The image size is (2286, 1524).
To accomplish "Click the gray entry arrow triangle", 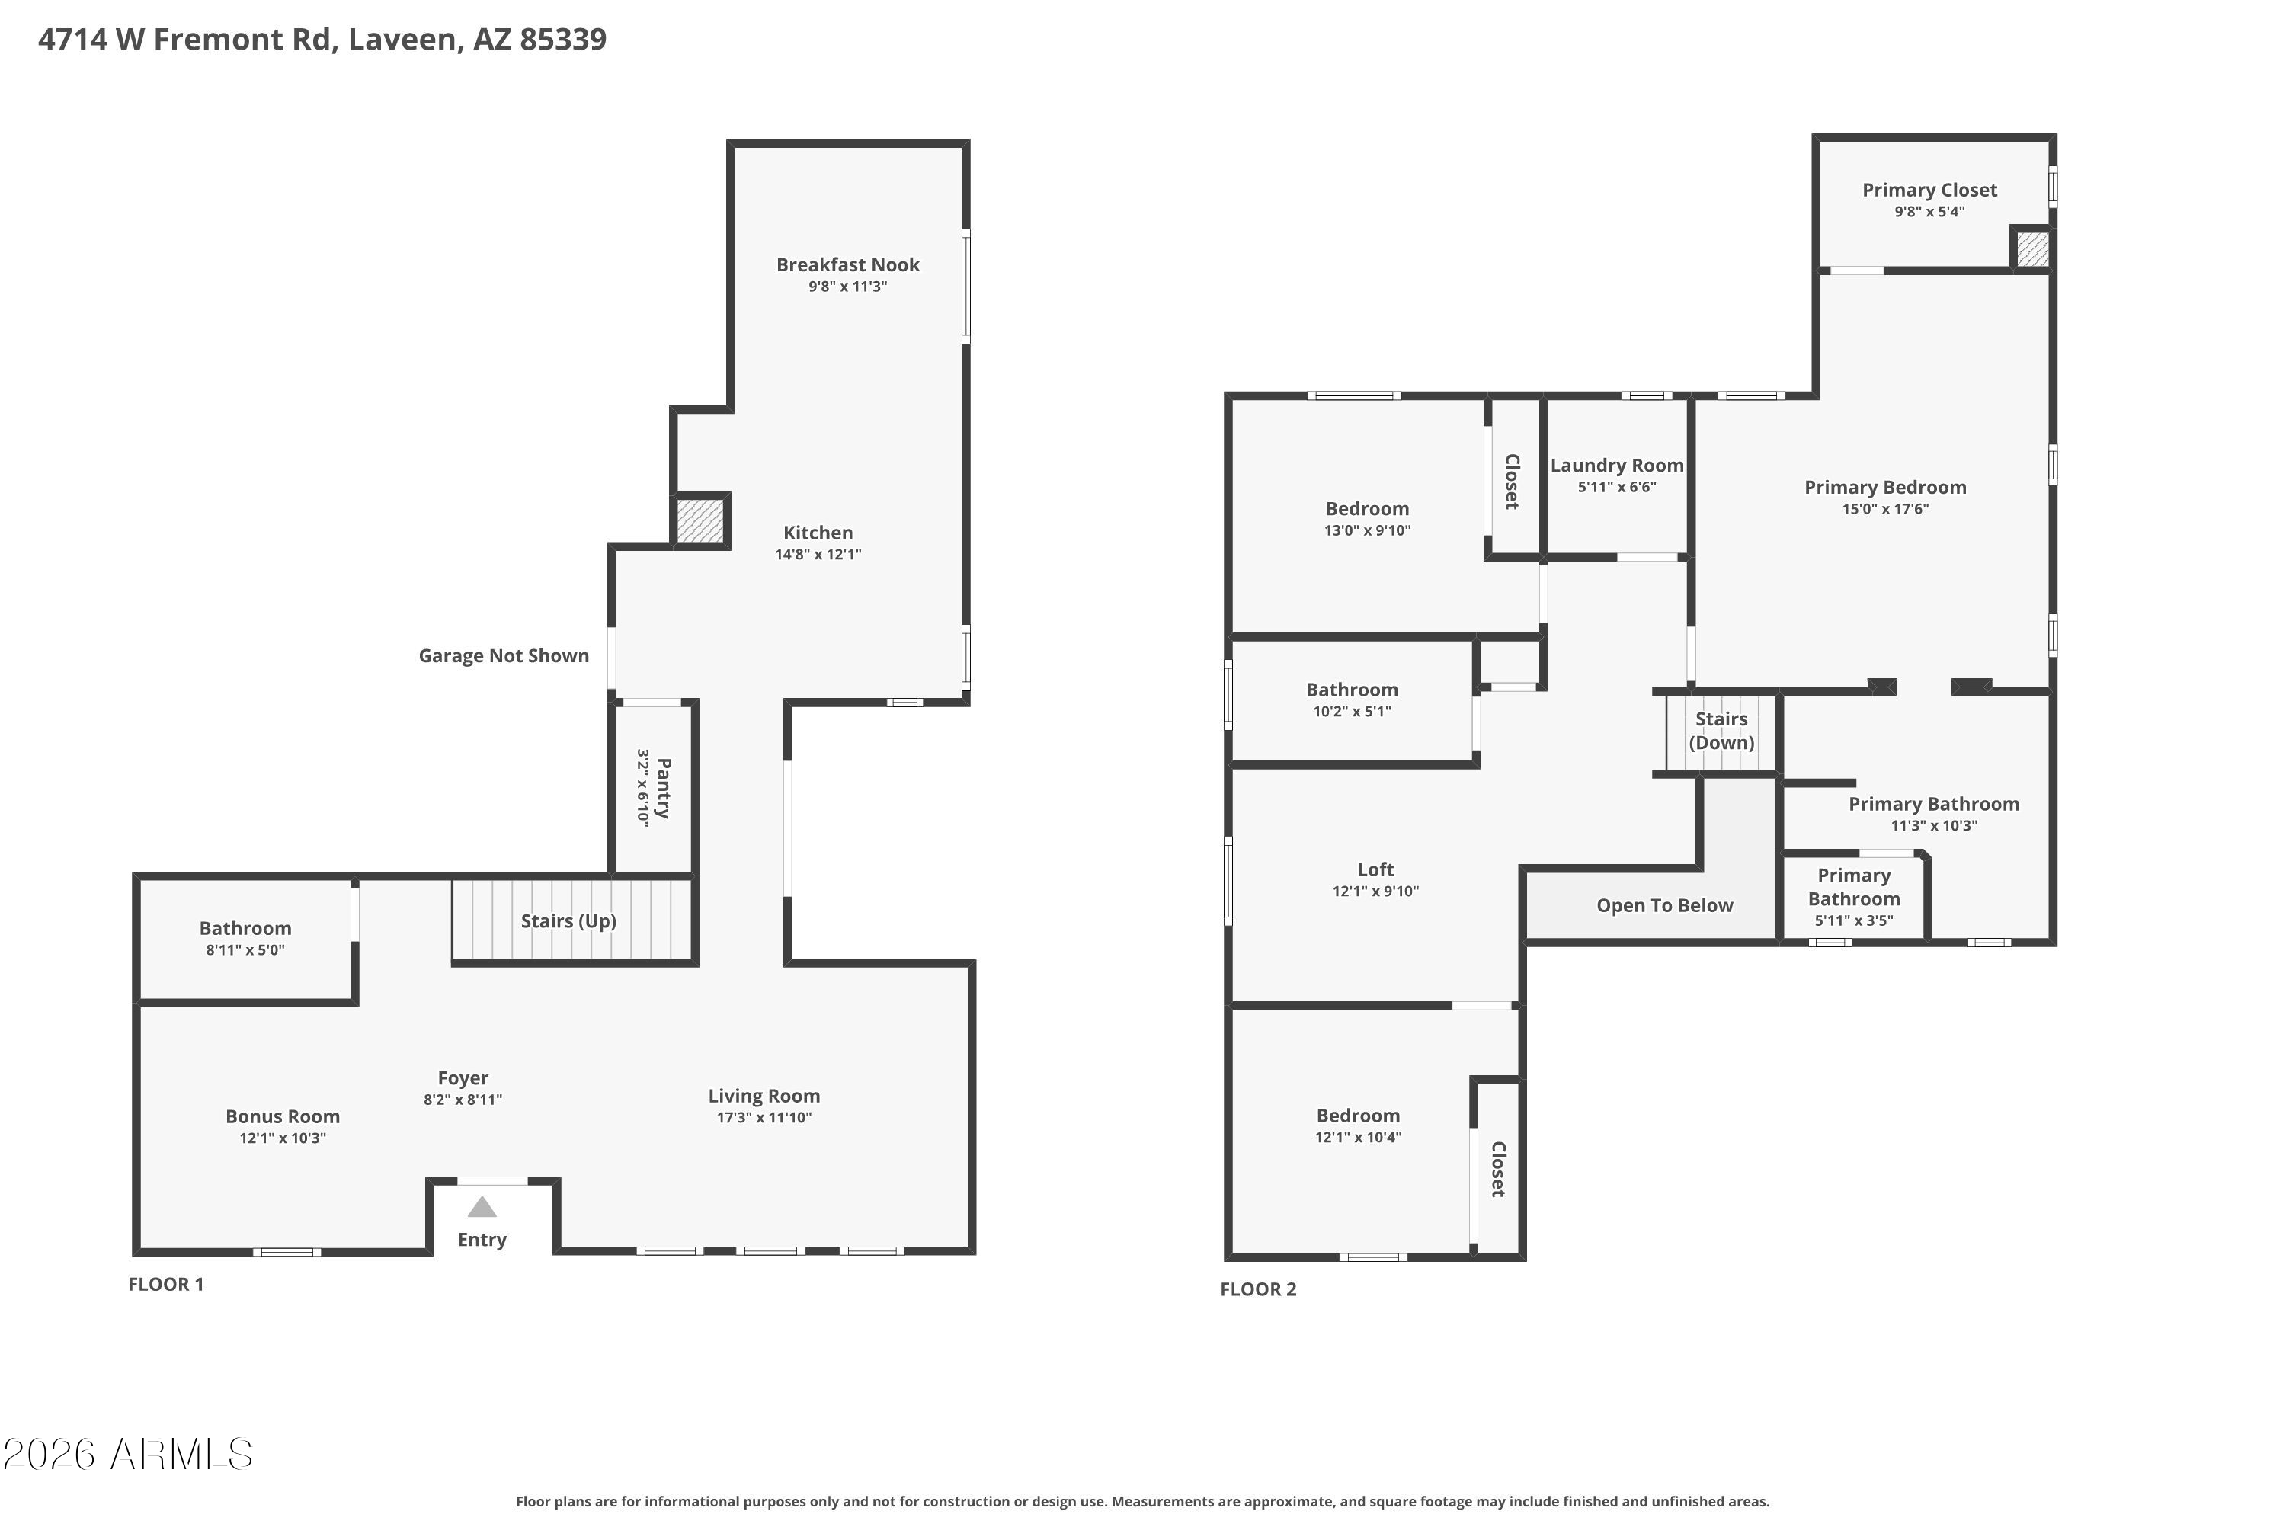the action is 482,1207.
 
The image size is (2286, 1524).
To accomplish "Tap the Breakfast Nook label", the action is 847,264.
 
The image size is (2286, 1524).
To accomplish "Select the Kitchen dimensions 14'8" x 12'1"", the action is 818,554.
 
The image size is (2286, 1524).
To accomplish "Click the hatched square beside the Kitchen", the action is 701,520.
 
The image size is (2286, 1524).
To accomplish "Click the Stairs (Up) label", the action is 568,920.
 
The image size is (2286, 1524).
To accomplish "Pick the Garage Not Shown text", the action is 504,655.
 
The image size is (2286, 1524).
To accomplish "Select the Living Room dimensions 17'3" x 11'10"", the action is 764,1117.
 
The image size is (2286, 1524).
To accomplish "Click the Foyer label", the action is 463,1078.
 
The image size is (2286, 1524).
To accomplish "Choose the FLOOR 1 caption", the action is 166,1284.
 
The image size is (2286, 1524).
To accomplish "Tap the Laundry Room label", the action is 1616,466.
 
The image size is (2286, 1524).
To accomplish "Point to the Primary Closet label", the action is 1929,190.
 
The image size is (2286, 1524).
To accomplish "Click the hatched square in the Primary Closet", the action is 2032,249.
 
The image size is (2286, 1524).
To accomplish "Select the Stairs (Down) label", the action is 1721,730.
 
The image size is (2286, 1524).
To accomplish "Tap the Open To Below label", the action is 1664,905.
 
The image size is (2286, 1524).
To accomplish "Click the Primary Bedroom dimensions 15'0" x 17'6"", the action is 1885,508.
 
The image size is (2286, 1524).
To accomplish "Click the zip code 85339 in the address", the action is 563,39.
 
